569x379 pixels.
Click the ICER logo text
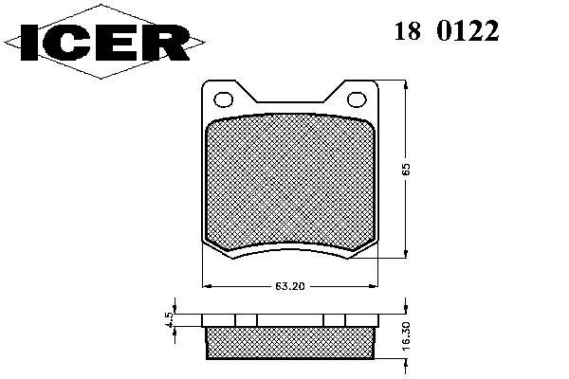pos(105,42)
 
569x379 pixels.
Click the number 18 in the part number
pos(408,30)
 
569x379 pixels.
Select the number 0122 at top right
pos(468,30)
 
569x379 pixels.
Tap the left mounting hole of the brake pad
pos(223,99)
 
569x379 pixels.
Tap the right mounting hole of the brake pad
pos(357,99)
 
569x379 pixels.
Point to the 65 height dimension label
pos(406,170)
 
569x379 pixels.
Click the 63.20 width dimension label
pos(289,286)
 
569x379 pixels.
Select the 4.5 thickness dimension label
pos(170,320)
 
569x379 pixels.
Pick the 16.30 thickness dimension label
pos(406,335)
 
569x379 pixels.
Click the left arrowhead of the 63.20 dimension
pos(206,286)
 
